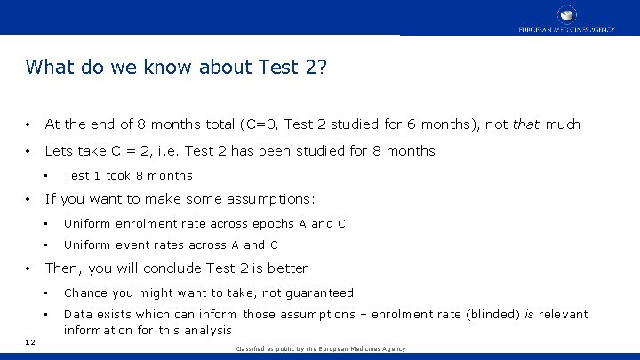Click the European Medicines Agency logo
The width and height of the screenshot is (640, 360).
coord(566,18)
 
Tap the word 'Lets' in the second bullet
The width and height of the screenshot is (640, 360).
coord(59,151)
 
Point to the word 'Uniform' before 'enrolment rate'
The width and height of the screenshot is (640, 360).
coord(87,224)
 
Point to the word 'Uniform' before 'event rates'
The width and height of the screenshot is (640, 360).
coord(87,245)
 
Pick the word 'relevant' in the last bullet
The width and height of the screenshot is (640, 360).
coord(561,314)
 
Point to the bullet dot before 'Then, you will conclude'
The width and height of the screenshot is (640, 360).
coord(30,268)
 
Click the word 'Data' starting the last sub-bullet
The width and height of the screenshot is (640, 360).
coord(77,314)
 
